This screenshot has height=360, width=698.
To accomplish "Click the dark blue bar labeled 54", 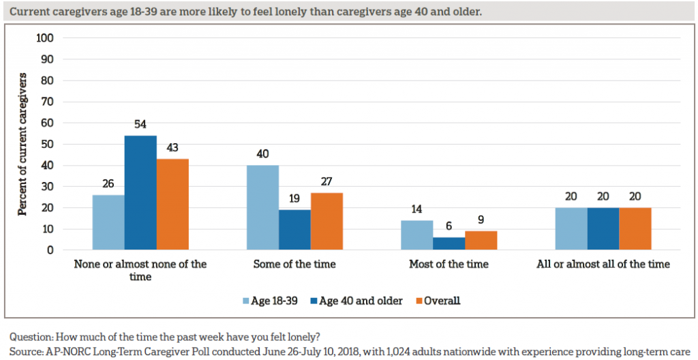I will tap(140, 193).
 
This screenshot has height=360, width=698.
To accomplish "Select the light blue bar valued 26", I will tap(108, 222).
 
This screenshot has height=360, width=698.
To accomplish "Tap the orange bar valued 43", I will tap(172, 205).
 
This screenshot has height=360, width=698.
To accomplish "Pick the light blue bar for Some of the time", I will tap(262, 208).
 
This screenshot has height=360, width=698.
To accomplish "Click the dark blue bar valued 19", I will tap(294, 230).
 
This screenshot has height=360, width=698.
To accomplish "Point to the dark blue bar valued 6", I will tap(449, 243).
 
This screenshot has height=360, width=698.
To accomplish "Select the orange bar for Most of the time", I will tap(481, 241).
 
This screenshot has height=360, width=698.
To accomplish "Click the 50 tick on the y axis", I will tap(47, 145).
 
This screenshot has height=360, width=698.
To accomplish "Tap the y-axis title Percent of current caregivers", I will tap(22, 145).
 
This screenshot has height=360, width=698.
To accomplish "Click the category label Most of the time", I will tap(449, 264).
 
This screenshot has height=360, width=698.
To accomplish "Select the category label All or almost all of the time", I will tap(603, 264).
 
